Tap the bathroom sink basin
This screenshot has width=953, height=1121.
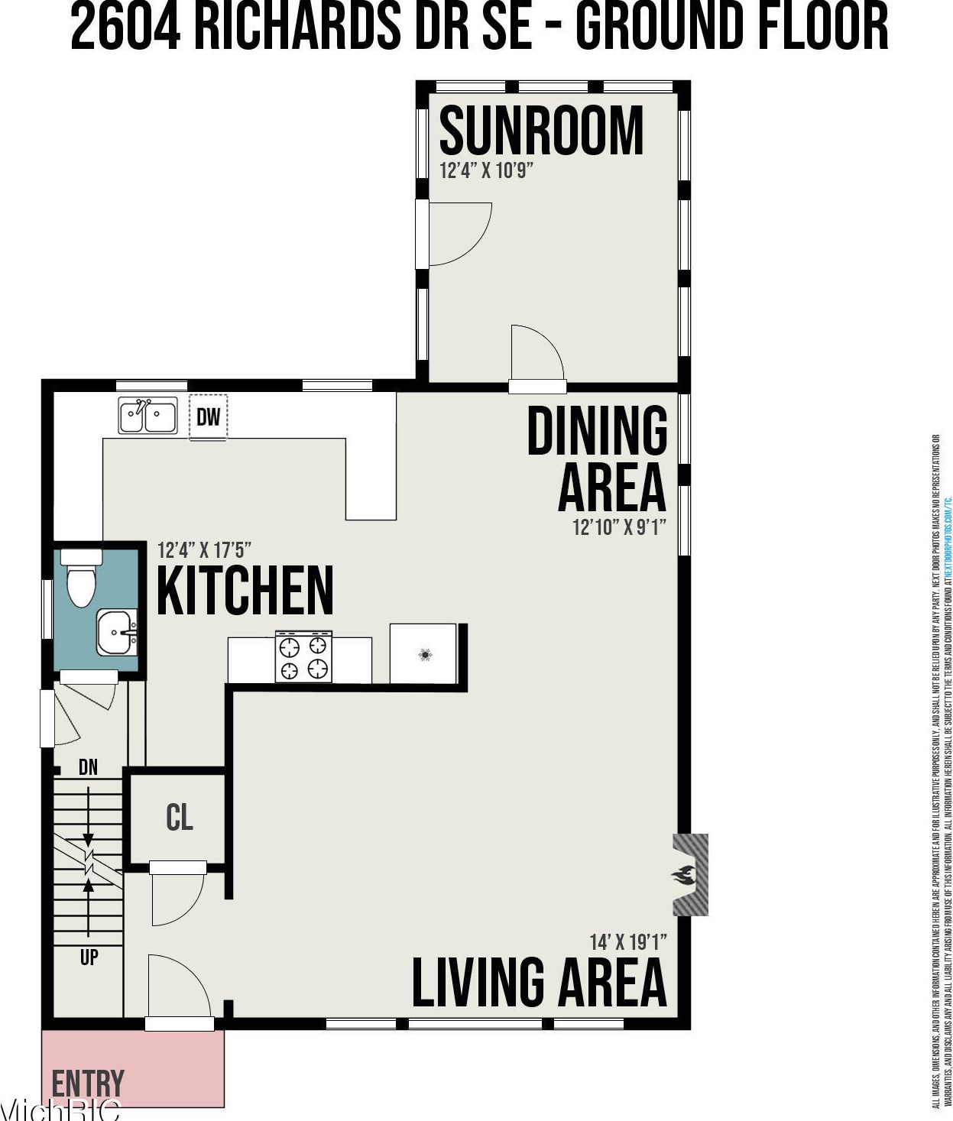(x=117, y=632)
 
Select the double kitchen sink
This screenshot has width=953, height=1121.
(x=147, y=416)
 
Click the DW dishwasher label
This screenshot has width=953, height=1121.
(x=208, y=416)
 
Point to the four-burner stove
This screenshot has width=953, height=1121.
(x=303, y=656)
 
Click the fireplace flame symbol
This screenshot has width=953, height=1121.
(x=684, y=875)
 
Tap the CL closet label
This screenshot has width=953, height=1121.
(x=179, y=817)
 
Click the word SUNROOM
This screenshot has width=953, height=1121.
(x=541, y=131)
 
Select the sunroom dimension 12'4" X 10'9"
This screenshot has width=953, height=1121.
(x=486, y=170)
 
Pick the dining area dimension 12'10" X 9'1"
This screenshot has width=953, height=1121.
(x=619, y=527)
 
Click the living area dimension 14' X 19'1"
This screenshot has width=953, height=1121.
(x=627, y=942)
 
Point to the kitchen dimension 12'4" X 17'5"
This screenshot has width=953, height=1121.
(x=204, y=550)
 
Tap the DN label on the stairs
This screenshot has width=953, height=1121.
(x=89, y=766)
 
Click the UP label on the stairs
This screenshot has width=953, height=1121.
(x=89, y=956)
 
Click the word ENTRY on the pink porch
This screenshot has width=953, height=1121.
(x=88, y=1084)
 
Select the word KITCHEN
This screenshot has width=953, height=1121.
(x=245, y=590)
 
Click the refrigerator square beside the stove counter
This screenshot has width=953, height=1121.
(x=423, y=653)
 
